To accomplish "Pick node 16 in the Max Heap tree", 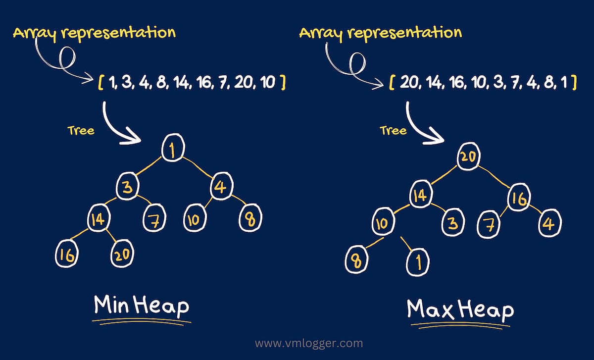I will pos(519,199).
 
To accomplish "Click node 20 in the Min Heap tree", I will pos(121,256).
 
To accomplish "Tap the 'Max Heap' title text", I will pos(460,309).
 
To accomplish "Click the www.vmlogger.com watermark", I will pos(309,343).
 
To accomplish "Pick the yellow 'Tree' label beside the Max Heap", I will pos(393,130).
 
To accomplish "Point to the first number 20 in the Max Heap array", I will pos(409,83).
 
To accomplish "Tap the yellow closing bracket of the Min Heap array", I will pos(282,83).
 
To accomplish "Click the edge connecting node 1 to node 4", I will pos(198,167).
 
